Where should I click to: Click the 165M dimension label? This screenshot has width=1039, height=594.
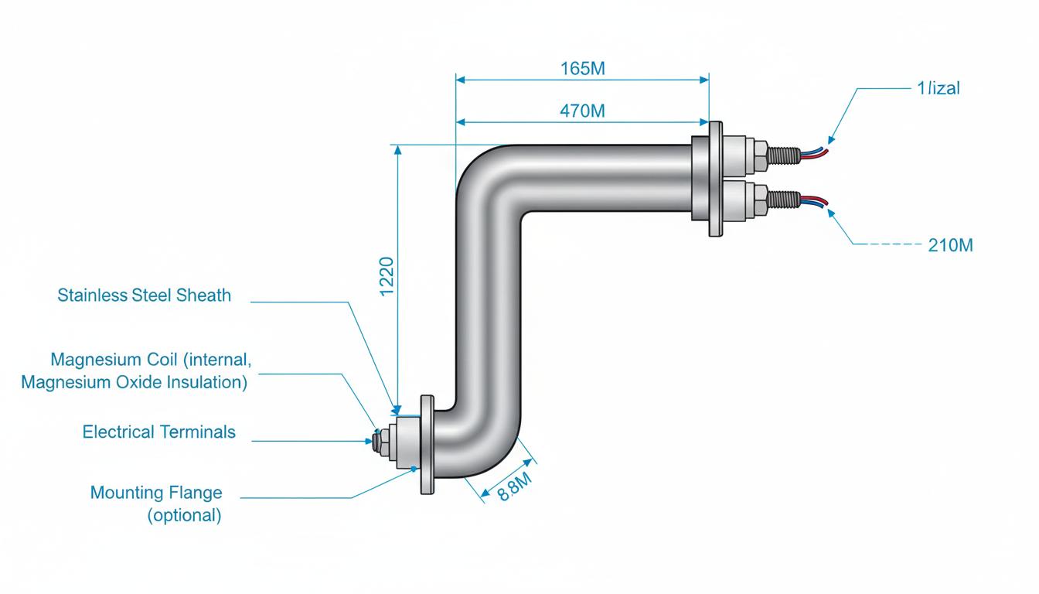(583, 69)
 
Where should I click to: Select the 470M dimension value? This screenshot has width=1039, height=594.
(582, 111)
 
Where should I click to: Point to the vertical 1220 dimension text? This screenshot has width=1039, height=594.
(387, 277)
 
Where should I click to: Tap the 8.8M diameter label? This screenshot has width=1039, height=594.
(514, 486)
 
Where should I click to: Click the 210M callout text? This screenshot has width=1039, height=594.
(950, 245)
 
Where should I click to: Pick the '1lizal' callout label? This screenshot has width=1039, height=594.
(939, 87)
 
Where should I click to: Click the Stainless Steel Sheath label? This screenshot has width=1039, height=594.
(144, 295)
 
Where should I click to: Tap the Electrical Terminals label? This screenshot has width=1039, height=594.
(158, 432)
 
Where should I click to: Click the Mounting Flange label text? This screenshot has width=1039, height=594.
(156, 493)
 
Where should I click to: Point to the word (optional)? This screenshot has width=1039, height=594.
(184, 515)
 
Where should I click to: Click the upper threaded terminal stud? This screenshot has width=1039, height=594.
(784, 155)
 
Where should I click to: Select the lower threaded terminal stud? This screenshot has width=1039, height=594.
(784, 199)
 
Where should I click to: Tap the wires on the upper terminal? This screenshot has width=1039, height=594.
(813, 152)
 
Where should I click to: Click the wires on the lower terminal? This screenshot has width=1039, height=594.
(813, 201)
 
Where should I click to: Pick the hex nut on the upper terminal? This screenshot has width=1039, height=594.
(760, 155)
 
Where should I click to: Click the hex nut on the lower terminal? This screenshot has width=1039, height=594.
(760, 200)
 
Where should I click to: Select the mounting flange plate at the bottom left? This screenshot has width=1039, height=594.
(428, 445)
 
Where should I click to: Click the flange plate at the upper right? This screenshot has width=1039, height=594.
(716, 179)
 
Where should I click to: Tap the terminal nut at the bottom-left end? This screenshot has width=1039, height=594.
(380, 442)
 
